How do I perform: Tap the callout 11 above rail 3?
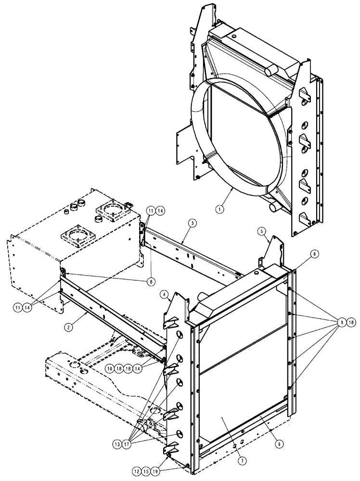pos(151,210)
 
